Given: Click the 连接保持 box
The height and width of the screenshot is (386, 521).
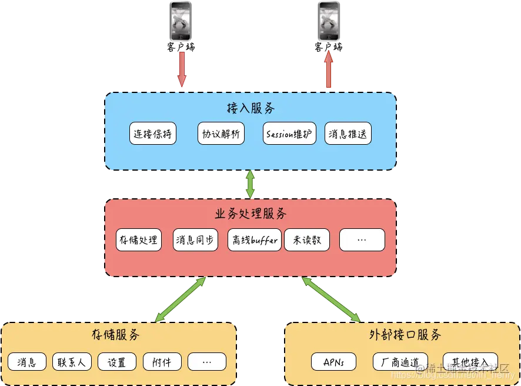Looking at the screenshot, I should coord(153,134).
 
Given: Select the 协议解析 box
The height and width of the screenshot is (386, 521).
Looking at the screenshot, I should coord(221,134).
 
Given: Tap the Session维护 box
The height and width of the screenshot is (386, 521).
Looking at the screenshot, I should coord(289,134).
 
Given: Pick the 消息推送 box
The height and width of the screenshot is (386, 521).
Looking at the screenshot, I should coord(348,134).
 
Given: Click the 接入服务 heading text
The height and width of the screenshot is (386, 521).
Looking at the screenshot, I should coord(250,109).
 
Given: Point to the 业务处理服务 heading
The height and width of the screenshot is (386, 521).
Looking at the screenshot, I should coord(251,214).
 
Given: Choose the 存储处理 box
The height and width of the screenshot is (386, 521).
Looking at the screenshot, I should coord(139,240).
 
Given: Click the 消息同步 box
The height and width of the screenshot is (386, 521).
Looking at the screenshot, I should coord(196,240).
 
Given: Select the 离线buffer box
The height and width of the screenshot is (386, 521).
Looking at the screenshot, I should coord(254,240).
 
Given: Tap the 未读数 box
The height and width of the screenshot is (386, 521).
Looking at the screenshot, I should coord(307,240).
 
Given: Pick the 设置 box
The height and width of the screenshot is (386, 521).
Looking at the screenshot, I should coord(116,362).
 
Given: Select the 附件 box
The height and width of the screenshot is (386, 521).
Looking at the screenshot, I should coord(162,362).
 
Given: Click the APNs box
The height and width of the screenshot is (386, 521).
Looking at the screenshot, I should coord(334,362).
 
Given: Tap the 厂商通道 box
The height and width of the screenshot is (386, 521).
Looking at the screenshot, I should coord(400,362).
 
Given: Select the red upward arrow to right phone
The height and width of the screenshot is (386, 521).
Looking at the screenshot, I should coord(329,69).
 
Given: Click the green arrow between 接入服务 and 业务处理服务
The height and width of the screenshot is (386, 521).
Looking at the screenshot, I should coord(251,184).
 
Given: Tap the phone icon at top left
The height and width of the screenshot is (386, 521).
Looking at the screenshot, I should coord(181,21).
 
